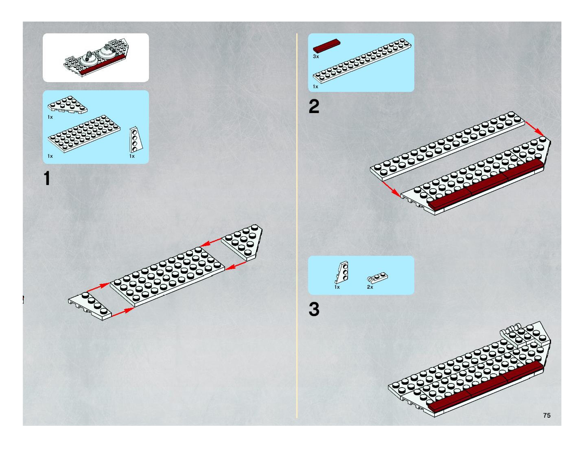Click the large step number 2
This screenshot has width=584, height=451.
point(314,107)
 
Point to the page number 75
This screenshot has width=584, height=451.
point(547,415)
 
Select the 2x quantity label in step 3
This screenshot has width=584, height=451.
point(370,287)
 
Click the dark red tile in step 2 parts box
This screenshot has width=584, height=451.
point(327,45)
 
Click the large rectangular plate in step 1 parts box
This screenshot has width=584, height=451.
point(84,134)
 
